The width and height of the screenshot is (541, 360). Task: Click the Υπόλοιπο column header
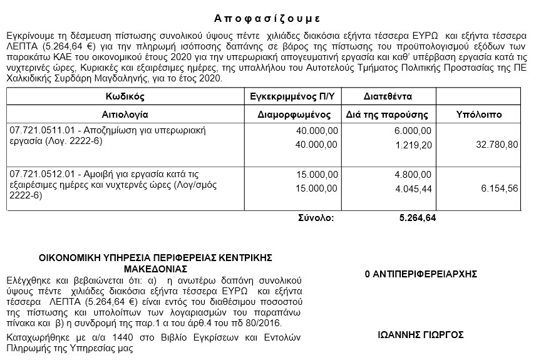[479, 115]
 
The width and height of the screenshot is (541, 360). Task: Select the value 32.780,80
[496, 144]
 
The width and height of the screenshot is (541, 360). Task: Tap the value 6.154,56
[498, 188]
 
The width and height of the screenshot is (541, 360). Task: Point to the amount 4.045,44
[413, 188]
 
